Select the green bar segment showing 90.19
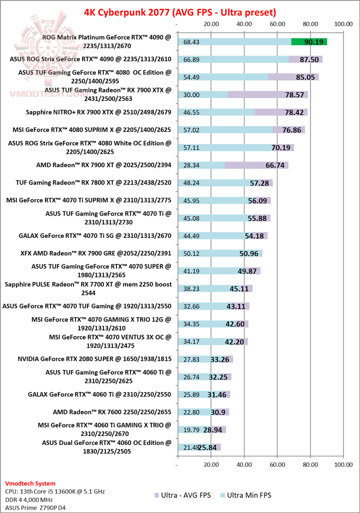[309, 41]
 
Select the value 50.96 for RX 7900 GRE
[249, 253]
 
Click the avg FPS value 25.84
[207, 447]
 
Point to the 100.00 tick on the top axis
[343, 23]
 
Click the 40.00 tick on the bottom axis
[244, 465]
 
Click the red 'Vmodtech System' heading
[30, 483]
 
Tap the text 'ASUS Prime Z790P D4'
[35, 507]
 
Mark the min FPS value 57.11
[192, 148]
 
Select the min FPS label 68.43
[192, 42]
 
